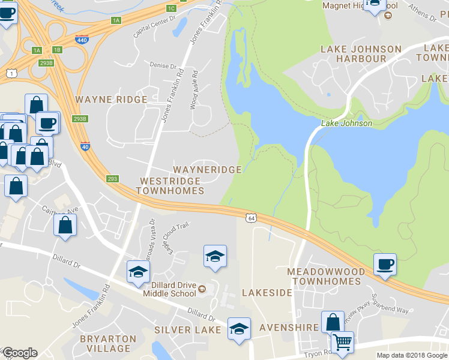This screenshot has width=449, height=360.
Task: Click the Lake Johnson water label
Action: [x=346, y=123]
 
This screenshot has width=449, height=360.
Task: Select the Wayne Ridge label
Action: [x=110, y=99]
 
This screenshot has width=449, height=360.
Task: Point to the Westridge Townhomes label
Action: [x=170, y=185]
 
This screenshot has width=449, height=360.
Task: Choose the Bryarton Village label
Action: [x=105, y=344]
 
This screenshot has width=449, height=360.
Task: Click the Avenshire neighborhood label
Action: [x=288, y=328]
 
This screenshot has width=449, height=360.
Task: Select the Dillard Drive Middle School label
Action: [x=170, y=290]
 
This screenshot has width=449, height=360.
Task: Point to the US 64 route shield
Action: [x=250, y=217]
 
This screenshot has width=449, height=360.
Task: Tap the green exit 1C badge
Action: [x=171, y=8]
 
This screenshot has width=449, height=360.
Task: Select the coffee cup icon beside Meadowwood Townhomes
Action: [x=385, y=264]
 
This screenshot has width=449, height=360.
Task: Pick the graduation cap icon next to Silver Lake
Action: [x=239, y=329]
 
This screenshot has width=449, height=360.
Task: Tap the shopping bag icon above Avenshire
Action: [x=332, y=322]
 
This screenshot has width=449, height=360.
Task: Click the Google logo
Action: [x=20, y=352]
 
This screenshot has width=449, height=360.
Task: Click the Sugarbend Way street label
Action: [x=390, y=303]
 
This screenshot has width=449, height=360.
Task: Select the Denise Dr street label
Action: [x=164, y=66]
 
